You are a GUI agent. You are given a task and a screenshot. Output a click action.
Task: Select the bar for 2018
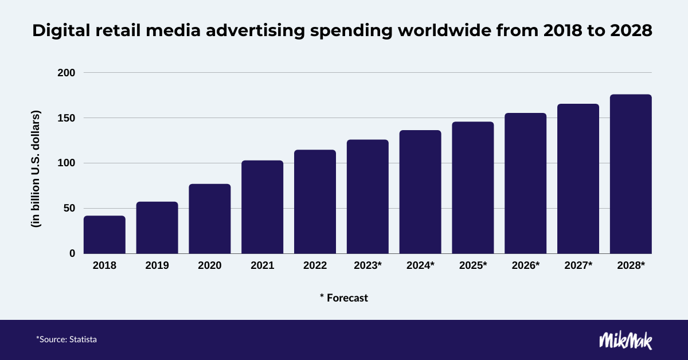click(x=104, y=234)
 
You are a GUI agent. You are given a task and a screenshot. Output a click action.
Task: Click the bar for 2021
click(x=262, y=207)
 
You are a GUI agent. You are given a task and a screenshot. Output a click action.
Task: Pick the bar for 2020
click(x=210, y=218)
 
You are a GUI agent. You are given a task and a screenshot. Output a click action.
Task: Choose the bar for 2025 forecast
click(x=473, y=187)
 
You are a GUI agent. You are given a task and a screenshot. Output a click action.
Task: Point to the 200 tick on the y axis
click(x=67, y=73)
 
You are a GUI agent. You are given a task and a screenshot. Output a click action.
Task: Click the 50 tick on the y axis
click(x=69, y=208)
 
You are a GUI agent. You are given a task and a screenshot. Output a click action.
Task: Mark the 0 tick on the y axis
click(x=72, y=253)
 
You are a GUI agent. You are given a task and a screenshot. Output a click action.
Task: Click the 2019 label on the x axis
click(x=157, y=266)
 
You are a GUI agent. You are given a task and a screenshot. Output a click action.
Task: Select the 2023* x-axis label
click(x=368, y=266)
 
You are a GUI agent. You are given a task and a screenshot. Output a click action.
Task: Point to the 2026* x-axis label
click(x=526, y=266)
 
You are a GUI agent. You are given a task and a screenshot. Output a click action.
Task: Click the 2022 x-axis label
click(x=315, y=266)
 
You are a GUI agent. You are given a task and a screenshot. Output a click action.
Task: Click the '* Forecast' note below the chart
click(x=344, y=298)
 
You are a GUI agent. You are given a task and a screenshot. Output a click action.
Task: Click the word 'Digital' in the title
click(x=59, y=32)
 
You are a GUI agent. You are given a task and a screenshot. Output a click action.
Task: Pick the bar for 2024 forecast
click(x=420, y=191)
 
